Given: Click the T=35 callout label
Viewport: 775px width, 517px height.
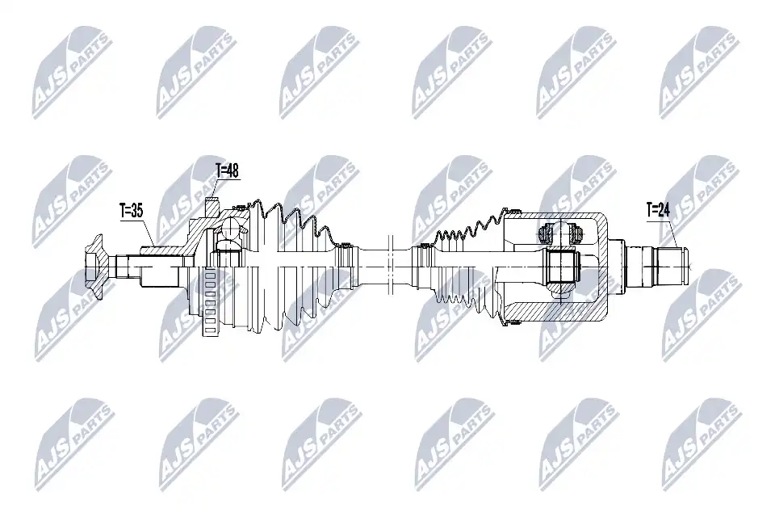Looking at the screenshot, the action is tap(132, 211).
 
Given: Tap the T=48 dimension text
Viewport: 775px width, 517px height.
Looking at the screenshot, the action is tap(228, 171).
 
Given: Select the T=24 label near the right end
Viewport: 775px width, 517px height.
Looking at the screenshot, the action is tap(658, 210).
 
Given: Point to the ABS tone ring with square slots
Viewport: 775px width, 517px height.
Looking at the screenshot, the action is tap(209, 302).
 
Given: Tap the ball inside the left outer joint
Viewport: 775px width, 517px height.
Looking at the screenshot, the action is tap(230, 228).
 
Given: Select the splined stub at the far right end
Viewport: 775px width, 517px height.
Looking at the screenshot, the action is tap(656, 266).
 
